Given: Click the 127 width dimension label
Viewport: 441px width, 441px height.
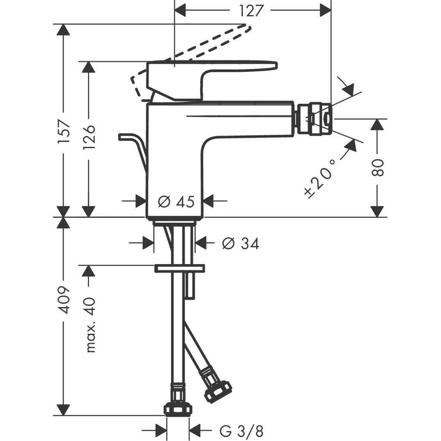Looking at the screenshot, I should (252, 10).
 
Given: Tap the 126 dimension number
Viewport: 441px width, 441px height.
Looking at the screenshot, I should (89, 137).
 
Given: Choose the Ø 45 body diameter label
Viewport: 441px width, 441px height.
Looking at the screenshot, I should (176, 201).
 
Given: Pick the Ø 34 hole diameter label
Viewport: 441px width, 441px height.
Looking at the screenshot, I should (241, 244).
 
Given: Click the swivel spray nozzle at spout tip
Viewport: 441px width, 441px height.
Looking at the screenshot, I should (313, 117).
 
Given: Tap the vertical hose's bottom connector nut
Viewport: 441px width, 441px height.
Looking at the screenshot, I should (178, 408).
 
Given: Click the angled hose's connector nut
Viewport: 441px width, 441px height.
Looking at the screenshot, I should (217, 390).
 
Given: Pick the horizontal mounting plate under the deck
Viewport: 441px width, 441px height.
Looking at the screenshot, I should (179, 268).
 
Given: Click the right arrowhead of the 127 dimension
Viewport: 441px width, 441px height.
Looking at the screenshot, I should (326, 10).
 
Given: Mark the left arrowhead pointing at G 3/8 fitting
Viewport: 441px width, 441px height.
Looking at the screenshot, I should (161, 430).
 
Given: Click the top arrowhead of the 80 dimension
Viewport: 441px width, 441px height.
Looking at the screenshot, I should (377, 125).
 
